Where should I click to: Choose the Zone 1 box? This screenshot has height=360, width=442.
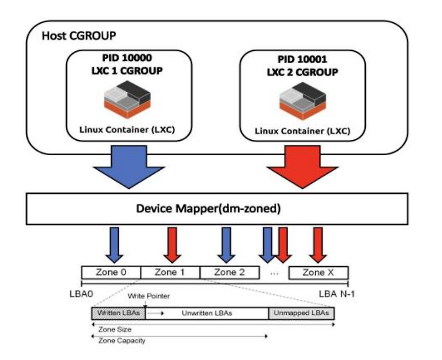pyautogui.click(x=170, y=272)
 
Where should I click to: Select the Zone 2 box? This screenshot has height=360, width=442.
pyautogui.click(x=229, y=272)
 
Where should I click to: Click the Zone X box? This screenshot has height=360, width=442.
pyautogui.click(x=318, y=272)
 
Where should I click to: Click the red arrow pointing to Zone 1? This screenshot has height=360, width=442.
pyautogui.click(x=172, y=246)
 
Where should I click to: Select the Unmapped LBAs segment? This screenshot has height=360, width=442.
pyautogui.click(x=301, y=313)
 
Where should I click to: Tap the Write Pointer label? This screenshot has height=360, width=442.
pyautogui.click(x=149, y=297)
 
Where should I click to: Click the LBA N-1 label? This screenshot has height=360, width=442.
pyautogui.click(x=336, y=293)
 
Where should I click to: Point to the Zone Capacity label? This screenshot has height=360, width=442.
pyautogui.click(x=122, y=341)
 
